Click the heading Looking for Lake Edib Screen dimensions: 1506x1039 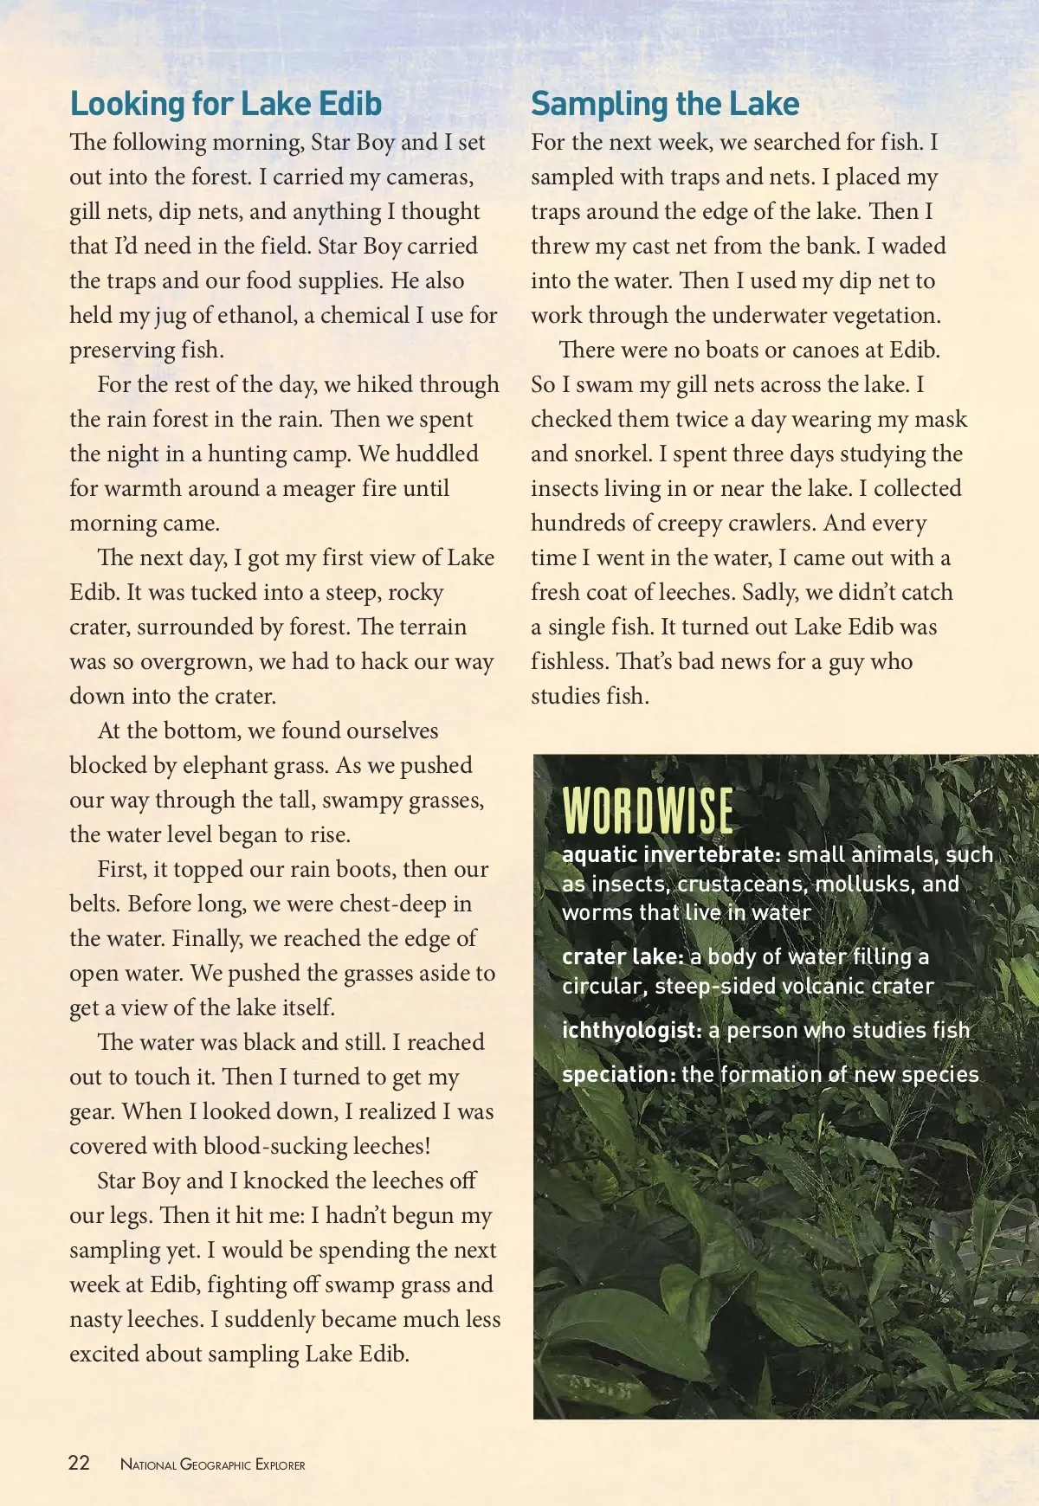tap(225, 104)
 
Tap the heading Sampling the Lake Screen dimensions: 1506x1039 tap(664, 104)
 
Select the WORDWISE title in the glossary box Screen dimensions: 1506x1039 tap(648, 811)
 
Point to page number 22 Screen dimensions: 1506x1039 tap(79, 1463)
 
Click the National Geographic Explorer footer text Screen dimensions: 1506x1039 tap(213, 1464)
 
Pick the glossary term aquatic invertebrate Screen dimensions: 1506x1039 tap(671, 854)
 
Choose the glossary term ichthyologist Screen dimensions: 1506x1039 tap(631, 1030)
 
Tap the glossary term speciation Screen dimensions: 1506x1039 tap(618, 1074)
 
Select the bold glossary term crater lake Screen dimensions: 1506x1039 tap(623, 956)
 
